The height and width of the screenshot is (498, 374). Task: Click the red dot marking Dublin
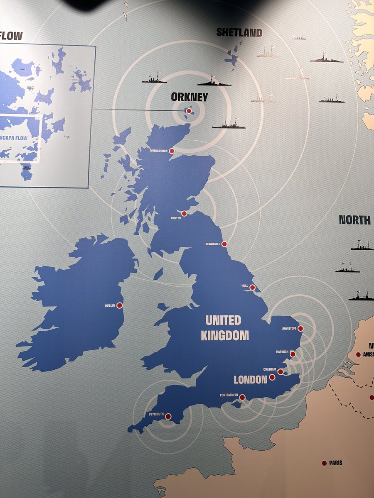(120, 305)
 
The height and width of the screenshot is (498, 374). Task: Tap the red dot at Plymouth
(168, 416)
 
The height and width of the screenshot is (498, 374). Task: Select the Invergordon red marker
(172, 151)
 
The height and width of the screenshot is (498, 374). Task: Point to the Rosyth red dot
(184, 213)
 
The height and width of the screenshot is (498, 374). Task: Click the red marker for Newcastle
(224, 244)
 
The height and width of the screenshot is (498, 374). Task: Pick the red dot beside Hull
(252, 287)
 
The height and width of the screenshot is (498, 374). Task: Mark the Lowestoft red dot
(300, 329)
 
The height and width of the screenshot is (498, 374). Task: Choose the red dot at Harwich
(293, 354)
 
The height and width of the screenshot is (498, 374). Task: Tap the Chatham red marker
(280, 371)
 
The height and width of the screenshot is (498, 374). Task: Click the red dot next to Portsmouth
(242, 397)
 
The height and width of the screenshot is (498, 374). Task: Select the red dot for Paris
(324, 463)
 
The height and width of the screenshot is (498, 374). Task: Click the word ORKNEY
(189, 97)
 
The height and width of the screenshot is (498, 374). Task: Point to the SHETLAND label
(239, 32)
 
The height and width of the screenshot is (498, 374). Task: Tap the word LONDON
(250, 379)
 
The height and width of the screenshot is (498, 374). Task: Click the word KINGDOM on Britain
(225, 335)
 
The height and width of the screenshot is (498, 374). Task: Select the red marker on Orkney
(189, 111)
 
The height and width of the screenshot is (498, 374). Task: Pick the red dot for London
(272, 377)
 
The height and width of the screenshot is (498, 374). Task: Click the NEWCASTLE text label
(212, 244)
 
